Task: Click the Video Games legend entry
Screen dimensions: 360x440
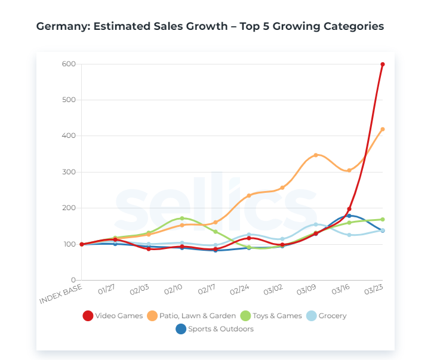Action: (113, 315)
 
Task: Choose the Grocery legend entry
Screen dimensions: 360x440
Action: (327, 315)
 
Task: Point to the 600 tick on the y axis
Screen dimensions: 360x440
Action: (68, 64)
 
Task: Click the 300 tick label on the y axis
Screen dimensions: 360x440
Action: (68, 172)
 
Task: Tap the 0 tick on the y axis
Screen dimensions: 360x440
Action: (73, 280)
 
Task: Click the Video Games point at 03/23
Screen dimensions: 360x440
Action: (383, 64)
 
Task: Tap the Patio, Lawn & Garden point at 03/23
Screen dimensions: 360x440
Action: (383, 129)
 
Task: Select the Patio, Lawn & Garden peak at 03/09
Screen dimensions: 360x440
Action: (316, 155)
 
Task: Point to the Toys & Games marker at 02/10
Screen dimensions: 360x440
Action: (182, 218)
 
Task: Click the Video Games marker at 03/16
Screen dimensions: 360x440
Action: (349, 209)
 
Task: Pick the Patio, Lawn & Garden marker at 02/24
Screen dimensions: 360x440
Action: (249, 195)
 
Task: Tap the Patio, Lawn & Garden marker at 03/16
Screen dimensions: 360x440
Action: (349, 170)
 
